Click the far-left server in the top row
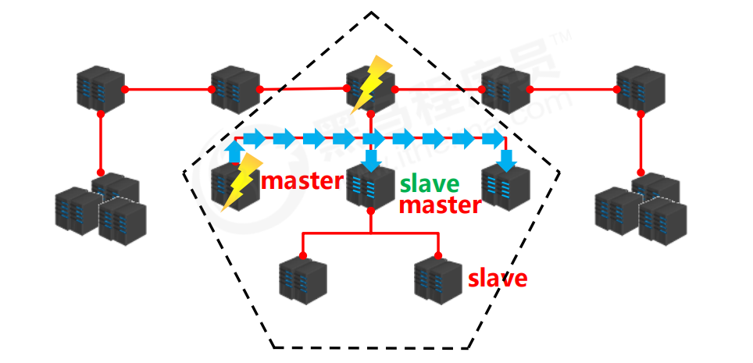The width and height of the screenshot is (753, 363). coord(100,90)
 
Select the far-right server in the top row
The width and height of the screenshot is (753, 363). coord(640,90)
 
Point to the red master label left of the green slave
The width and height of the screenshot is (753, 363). coord(302,181)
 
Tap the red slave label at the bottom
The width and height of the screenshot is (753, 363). coord(498,278)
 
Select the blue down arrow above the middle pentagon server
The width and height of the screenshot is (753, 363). coord(372,158)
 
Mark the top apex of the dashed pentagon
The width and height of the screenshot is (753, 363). coord(372,12)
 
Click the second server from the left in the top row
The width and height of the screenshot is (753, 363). coord(235,90)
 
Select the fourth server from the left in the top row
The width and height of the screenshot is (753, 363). coord(505,90)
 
